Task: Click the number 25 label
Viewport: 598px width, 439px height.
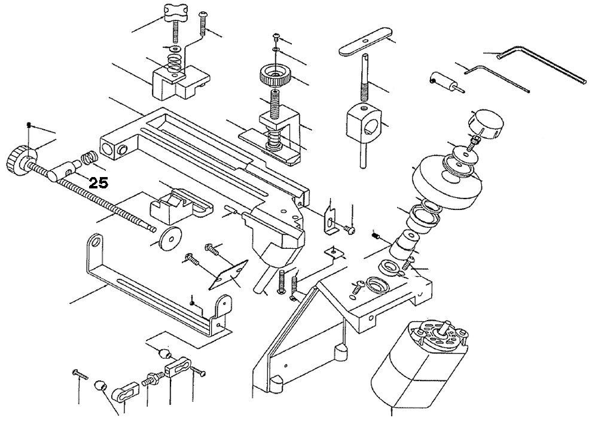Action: click(98, 183)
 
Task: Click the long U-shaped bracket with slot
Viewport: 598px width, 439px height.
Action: click(155, 287)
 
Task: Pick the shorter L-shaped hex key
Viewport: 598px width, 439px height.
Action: click(496, 78)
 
